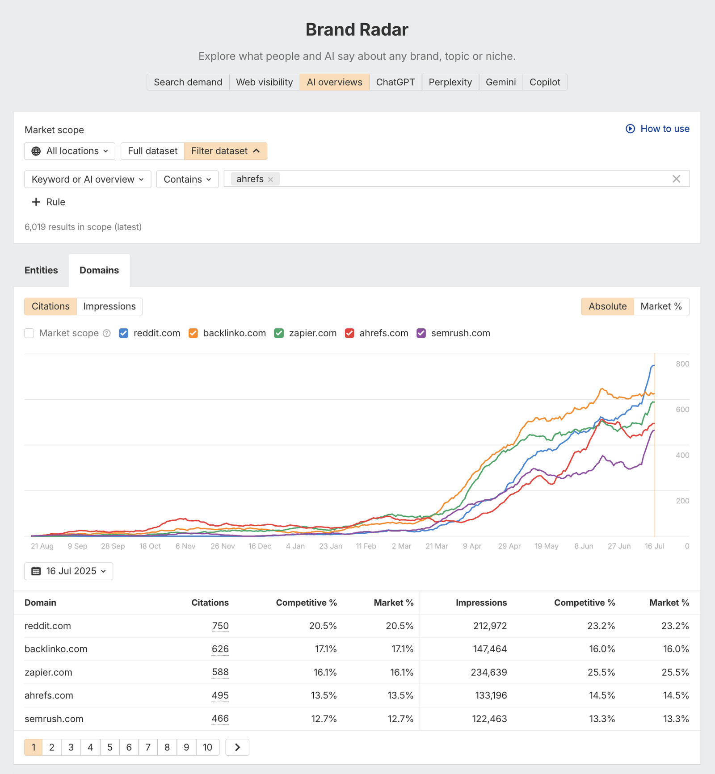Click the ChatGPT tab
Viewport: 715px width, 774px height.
(x=395, y=82)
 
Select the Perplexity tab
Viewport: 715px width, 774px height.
(x=450, y=82)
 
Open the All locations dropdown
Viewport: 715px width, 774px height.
(x=70, y=151)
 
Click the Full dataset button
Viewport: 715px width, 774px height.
(x=152, y=151)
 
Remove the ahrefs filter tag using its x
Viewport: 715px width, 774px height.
(x=270, y=180)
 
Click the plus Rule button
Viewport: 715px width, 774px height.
(x=49, y=202)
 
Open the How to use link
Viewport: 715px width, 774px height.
(x=657, y=129)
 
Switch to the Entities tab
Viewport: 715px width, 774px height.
(x=41, y=270)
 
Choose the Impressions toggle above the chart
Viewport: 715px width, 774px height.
(x=109, y=306)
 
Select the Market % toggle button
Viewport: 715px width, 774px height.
(x=661, y=306)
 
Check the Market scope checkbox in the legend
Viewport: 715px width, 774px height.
(x=29, y=333)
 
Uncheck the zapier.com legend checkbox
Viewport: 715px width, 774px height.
(x=279, y=333)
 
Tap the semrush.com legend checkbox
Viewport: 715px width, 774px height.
(x=421, y=333)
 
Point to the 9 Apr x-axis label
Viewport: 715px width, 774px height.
(x=472, y=546)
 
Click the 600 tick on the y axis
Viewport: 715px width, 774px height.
(x=682, y=410)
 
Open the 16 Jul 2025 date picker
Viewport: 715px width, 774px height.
(x=69, y=571)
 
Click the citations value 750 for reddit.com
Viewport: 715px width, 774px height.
(x=220, y=626)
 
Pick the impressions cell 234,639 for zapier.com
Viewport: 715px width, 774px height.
(x=488, y=672)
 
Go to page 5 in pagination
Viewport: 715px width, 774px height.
(x=109, y=747)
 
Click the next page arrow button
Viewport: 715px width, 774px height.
(x=237, y=747)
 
